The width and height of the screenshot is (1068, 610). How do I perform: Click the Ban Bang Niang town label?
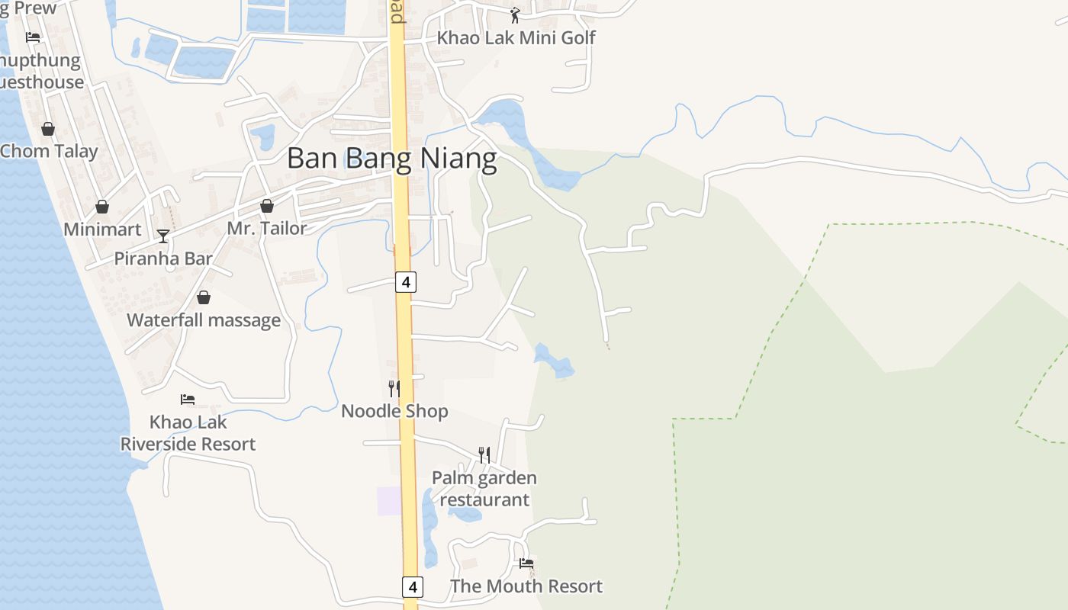pos(392,159)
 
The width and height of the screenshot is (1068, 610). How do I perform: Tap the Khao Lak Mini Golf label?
pos(516,37)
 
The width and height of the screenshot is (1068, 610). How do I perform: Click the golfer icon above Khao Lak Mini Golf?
pos(515,14)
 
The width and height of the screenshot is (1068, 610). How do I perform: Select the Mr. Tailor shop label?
pos(267,228)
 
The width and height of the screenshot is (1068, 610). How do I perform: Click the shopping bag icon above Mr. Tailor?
pos(267,206)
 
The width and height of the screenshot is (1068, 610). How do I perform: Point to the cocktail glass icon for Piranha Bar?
pos(162,236)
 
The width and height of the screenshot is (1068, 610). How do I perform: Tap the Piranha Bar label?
pos(163,258)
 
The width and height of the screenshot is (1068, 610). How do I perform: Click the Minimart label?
pos(102,229)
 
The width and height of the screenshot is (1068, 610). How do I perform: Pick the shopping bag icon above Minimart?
pos(102,207)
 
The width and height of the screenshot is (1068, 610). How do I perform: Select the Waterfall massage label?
pos(204,320)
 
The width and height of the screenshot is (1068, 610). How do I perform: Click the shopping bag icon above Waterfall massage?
pos(204,297)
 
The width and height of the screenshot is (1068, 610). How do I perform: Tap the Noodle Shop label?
pos(394,411)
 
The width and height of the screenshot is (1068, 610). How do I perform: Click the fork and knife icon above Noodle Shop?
pos(394,389)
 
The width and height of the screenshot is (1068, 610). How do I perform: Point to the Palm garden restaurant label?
pos(484,489)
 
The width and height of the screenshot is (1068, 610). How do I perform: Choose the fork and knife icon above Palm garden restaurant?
pos(484,455)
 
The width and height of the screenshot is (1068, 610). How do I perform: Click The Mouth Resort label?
pos(526,586)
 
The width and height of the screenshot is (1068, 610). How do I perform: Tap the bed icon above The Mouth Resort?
pos(526,563)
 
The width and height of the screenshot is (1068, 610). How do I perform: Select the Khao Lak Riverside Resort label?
pos(188,432)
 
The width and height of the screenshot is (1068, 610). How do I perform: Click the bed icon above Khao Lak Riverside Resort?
pos(188,399)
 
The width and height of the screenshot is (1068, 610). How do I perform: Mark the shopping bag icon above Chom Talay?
pos(48,129)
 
